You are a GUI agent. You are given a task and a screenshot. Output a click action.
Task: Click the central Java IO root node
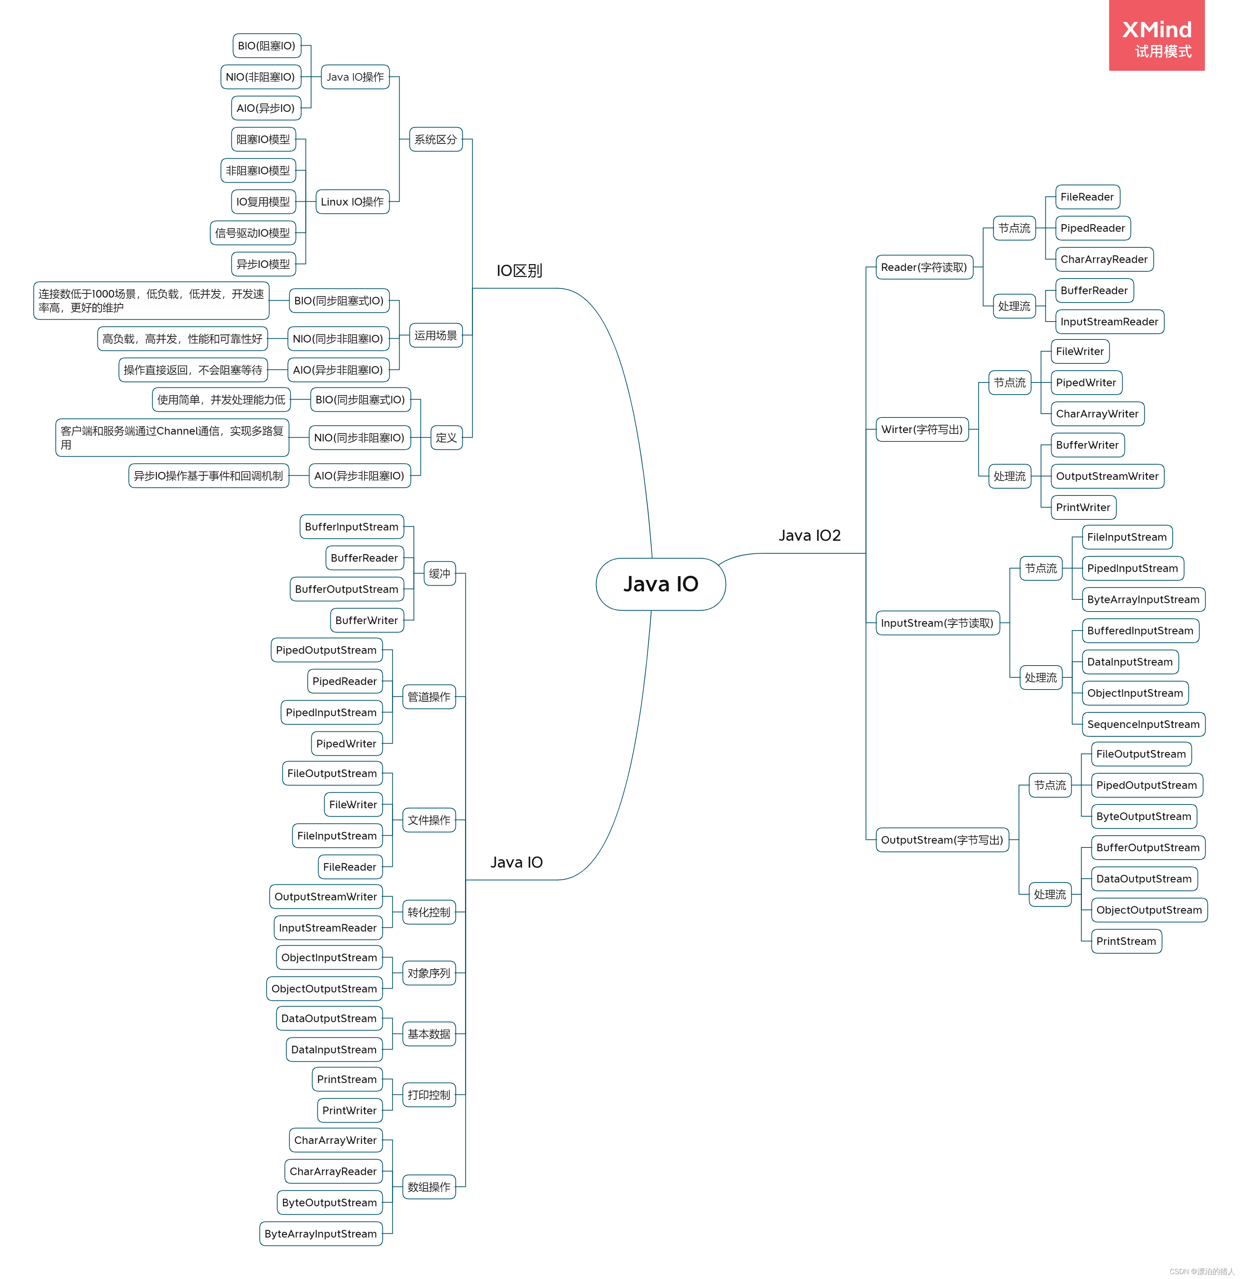point(660,584)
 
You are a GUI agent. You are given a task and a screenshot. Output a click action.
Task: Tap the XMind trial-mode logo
point(1156,36)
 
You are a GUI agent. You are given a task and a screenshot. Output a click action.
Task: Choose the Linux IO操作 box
point(352,202)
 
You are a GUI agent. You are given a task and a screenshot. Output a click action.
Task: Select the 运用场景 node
point(435,335)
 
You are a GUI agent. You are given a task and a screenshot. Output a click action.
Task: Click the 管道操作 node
point(429,697)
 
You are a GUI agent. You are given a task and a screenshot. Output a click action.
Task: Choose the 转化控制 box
point(429,912)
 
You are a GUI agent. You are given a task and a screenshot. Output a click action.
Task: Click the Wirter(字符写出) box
point(922,429)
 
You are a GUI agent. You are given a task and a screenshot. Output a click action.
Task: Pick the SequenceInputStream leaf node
point(1143,724)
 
